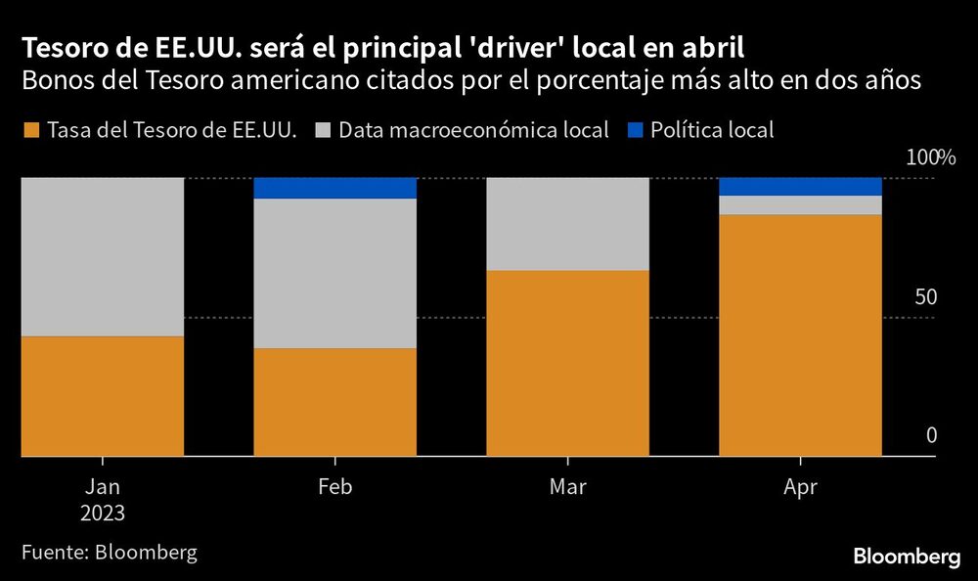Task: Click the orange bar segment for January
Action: coord(103,396)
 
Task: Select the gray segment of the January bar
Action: coord(103,256)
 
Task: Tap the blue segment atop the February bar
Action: coord(335,188)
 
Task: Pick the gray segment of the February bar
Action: coord(335,273)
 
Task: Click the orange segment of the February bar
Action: coord(335,402)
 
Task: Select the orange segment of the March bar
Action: coord(568,363)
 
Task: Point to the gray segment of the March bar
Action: coord(568,223)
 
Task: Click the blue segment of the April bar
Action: coord(801,186)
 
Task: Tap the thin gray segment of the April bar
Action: coord(801,204)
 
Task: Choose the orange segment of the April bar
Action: coord(801,335)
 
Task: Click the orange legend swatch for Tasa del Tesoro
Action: coord(30,130)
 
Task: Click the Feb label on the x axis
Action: coord(335,487)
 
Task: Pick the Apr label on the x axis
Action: coord(801,487)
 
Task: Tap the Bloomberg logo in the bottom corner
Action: coord(907,557)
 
